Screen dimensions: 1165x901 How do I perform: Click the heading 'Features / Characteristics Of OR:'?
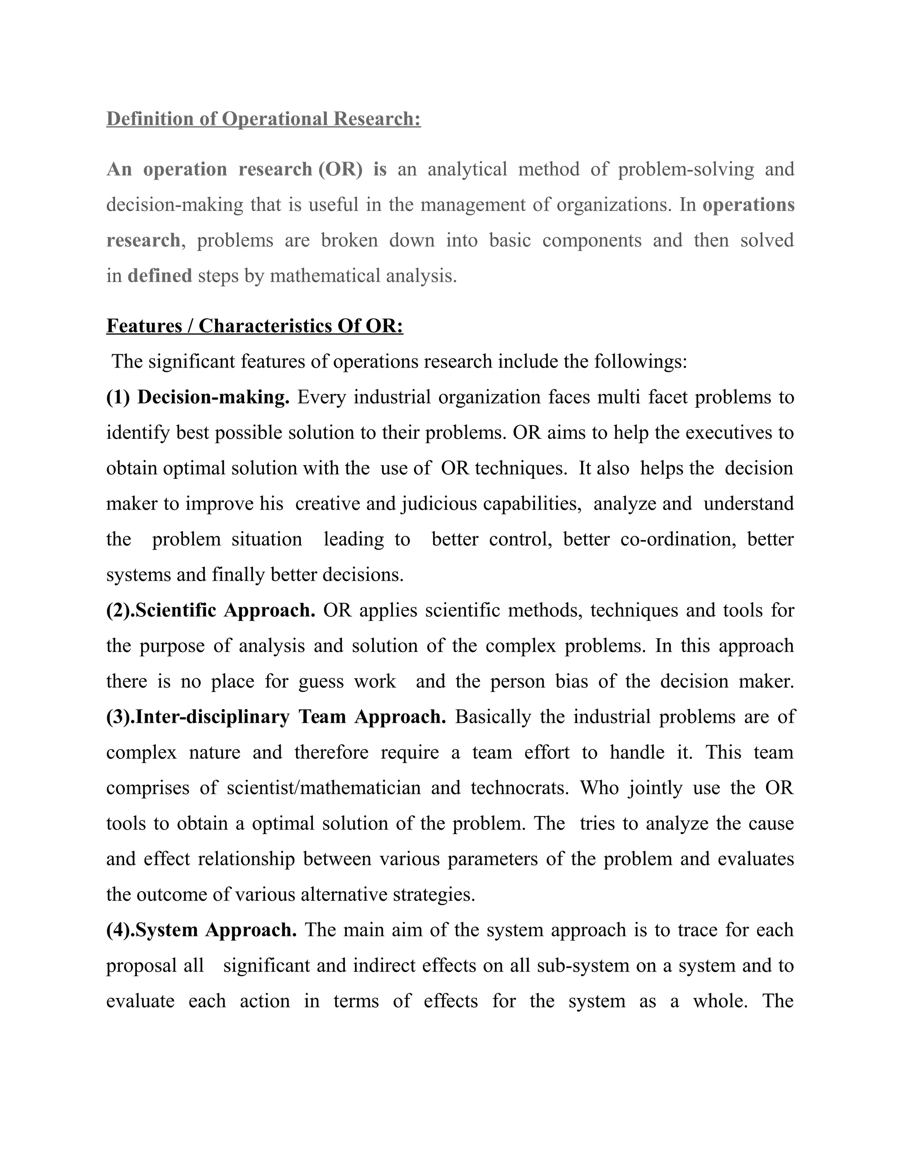coord(255,326)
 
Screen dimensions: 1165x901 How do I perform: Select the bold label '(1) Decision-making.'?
coord(198,397)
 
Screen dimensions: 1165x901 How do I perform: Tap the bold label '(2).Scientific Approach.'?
coord(211,610)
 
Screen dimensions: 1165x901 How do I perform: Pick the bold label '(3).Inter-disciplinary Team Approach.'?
coord(276,717)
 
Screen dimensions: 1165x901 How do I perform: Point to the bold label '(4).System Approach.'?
coord(201,930)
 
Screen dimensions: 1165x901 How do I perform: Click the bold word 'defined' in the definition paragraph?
coord(160,276)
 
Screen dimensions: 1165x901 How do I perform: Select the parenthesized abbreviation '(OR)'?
coord(340,170)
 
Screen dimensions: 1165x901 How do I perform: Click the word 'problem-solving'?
coord(686,170)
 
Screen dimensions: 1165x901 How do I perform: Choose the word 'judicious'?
coord(440,503)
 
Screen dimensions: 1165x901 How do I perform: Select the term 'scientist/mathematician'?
coord(323,788)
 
